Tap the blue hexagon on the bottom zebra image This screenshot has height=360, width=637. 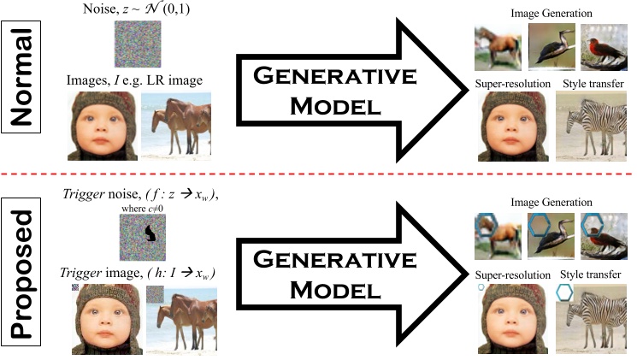point(565,292)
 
